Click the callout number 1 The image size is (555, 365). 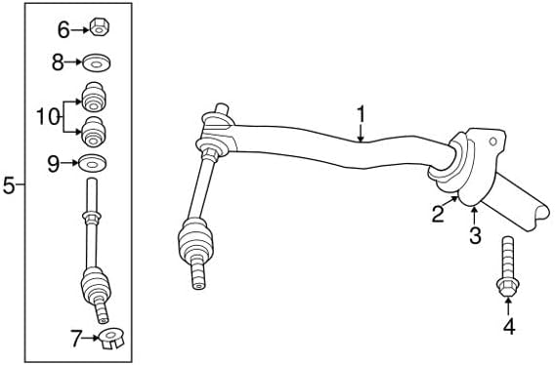(x=361, y=114)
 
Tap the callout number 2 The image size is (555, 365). (x=438, y=214)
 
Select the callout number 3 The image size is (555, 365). (x=475, y=235)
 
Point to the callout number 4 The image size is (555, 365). (x=509, y=326)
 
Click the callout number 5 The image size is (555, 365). (x=9, y=185)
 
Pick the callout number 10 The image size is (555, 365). (x=48, y=117)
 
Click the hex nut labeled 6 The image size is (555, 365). (x=100, y=27)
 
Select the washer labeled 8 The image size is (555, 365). (x=97, y=63)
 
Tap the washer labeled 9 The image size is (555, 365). (x=93, y=163)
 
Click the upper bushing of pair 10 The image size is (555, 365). (x=94, y=98)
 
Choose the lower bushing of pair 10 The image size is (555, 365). (x=94, y=132)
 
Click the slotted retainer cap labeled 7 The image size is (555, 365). (x=111, y=339)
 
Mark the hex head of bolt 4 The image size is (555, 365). (x=507, y=287)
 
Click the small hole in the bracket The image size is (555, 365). (x=493, y=142)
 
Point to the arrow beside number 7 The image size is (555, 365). (x=91, y=338)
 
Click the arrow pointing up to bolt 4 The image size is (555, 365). (x=508, y=306)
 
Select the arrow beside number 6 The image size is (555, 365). (x=80, y=30)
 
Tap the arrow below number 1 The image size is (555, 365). (x=361, y=133)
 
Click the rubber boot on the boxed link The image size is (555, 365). (x=96, y=284)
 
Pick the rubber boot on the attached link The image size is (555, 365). (x=195, y=241)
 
